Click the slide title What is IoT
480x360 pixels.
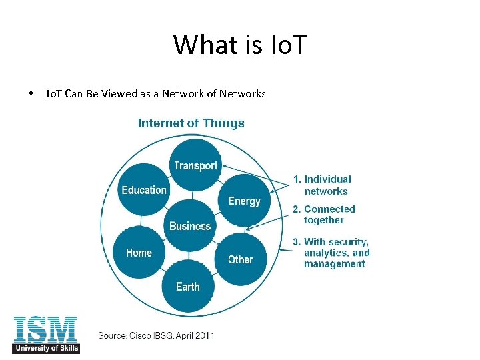(x=239, y=45)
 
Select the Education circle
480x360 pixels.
(x=144, y=190)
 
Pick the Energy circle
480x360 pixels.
(x=244, y=201)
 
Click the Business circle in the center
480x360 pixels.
(x=190, y=226)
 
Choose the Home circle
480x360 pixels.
(x=139, y=253)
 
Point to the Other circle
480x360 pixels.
(x=241, y=259)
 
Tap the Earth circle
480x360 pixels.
(x=188, y=287)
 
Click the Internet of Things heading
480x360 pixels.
(x=191, y=123)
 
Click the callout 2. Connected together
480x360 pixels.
(x=324, y=215)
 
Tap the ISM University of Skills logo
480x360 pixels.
(x=45, y=334)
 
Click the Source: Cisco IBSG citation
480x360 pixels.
(x=156, y=335)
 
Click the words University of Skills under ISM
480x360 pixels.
(x=45, y=349)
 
